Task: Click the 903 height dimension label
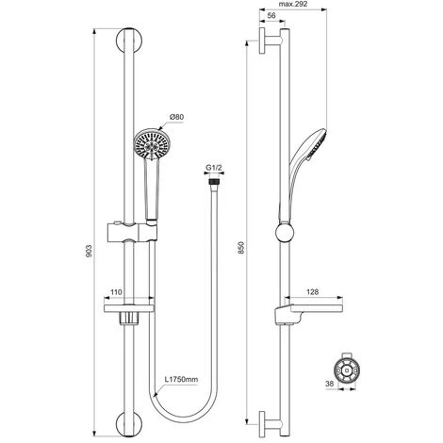point(89,251)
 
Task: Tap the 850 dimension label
point(241,248)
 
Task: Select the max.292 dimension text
point(293,4)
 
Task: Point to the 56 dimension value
point(271,16)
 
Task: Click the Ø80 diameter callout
point(176,117)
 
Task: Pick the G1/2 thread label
point(214,168)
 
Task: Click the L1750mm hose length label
point(182,379)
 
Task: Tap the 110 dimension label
point(116,292)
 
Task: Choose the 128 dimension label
point(313,292)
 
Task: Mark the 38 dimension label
point(329,384)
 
